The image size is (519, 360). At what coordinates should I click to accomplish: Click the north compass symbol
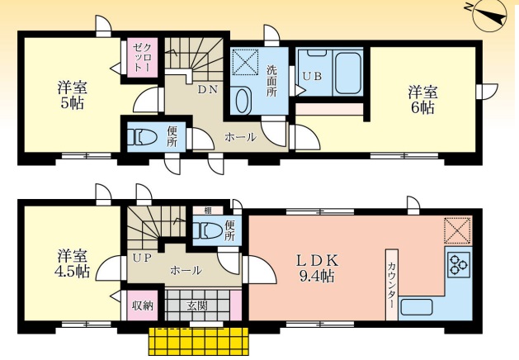click(x=489, y=17)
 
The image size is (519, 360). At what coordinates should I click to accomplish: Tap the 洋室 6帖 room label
click(x=422, y=100)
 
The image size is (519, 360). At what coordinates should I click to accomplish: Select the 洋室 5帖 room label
click(x=72, y=96)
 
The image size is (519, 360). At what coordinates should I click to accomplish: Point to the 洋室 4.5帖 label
click(x=73, y=264)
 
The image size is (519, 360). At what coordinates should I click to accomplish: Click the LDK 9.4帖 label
click(x=317, y=268)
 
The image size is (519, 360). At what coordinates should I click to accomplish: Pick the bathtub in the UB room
click(x=347, y=73)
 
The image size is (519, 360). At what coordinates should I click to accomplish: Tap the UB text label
click(x=312, y=77)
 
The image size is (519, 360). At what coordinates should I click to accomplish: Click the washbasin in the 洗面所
click(x=241, y=100)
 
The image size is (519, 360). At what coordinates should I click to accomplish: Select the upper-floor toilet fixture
click(x=143, y=137)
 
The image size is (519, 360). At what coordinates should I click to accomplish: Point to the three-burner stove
click(x=459, y=264)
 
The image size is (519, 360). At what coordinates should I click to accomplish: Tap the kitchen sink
click(x=416, y=307)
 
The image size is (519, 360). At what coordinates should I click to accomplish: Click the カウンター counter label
click(x=392, y=285)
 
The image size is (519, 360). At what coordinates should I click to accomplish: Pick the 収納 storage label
click(x=143, y=306)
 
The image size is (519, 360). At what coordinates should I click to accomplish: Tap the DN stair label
click(x=208, y=89)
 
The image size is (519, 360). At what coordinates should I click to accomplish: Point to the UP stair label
click(x=142, y=258)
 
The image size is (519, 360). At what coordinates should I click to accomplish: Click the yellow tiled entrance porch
click(x=199, y=342)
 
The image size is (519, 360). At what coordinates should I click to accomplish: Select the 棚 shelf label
click(x=208, y=210)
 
